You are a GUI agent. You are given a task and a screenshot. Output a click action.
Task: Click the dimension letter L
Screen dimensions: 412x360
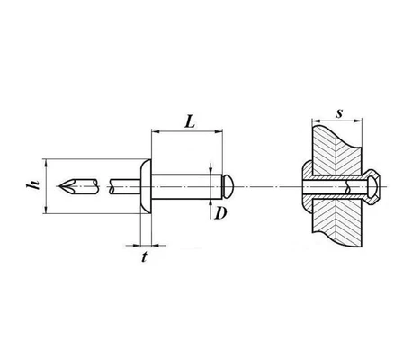(x=190, y=121)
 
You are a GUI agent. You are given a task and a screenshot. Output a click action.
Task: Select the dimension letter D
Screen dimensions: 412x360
(x=220, y=213)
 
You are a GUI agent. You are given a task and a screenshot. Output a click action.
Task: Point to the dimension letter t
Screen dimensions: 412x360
(x=145, y=257)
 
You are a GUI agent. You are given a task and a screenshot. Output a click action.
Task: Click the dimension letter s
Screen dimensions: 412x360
(x=339, y=113)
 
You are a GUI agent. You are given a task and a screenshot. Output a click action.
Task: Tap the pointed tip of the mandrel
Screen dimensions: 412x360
(x=59, y=186)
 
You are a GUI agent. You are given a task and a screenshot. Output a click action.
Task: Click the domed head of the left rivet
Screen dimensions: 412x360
(x=146, y=186)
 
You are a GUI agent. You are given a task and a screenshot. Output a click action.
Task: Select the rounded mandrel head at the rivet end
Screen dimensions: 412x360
(x=228, y=186)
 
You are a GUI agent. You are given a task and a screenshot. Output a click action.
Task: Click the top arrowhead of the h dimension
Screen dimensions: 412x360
(x=46, y=163)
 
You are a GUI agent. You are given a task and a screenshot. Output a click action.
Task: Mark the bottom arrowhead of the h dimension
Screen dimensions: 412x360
(x=46, y=210)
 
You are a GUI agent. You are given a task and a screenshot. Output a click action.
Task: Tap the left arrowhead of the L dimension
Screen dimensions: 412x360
(x=156, y=131)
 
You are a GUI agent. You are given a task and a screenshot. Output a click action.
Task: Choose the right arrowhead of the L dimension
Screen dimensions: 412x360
(x=219, y=131)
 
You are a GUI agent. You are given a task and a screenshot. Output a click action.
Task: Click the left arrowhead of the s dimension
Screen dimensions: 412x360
(x=316, y=121)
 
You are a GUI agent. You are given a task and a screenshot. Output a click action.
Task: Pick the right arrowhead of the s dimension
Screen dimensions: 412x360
(x=358, y=121)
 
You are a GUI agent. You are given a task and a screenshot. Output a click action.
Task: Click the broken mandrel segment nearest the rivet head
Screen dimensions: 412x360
(x=125, y=186)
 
